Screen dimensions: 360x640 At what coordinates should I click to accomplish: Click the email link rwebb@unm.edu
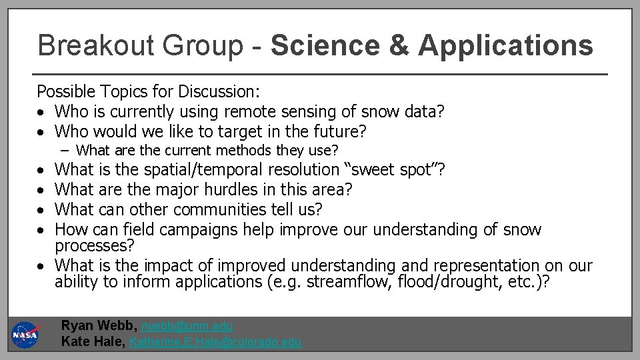tap(187, 326)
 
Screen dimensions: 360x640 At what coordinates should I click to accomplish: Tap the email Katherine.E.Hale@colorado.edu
tap(215, 342)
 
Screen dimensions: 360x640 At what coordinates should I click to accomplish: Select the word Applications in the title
tap(505, 45)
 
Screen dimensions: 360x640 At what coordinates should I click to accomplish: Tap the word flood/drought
tap(445, 281)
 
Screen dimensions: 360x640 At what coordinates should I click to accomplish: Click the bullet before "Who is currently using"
tap(41, 111)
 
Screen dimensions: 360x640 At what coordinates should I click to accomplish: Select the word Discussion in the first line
tap(220, 91)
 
